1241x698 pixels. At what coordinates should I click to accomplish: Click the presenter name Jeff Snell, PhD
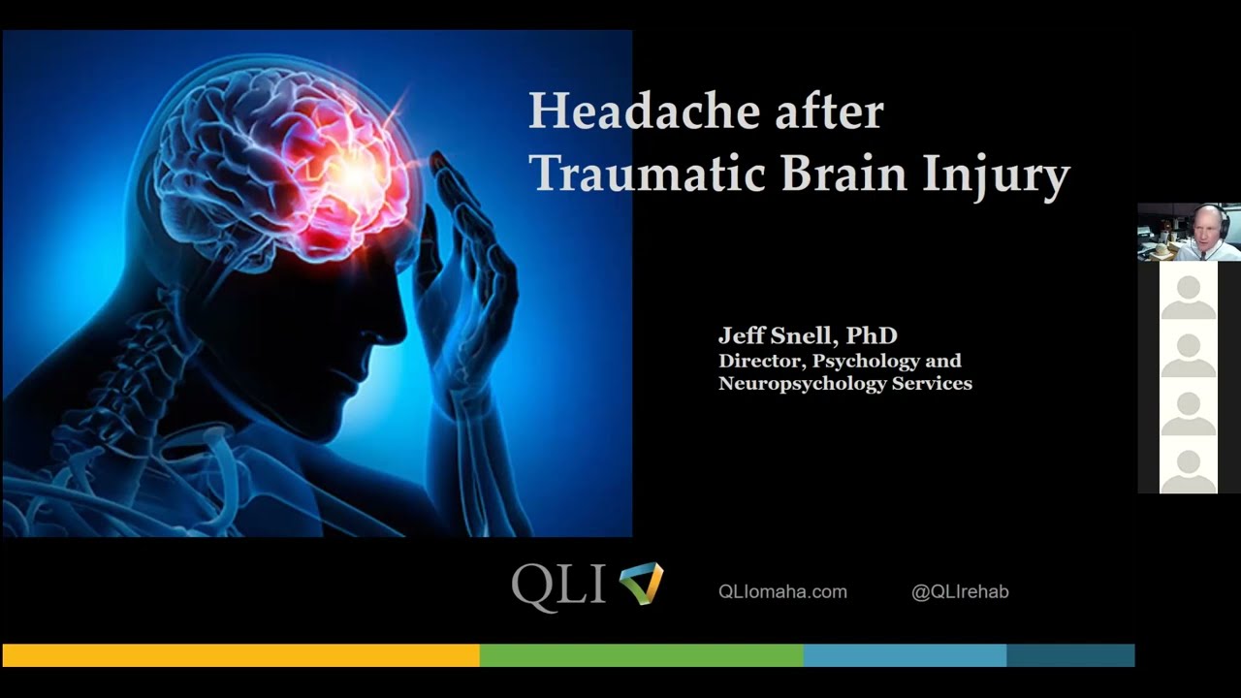click(808, 335)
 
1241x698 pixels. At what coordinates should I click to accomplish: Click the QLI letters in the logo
click(558, 587)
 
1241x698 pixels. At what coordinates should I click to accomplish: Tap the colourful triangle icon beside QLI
click(641, 584)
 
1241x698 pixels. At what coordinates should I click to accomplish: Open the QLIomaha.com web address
click(782, 591)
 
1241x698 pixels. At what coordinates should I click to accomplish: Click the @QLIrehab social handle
click(960, 591)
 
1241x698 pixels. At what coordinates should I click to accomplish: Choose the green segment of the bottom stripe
click(641, 655)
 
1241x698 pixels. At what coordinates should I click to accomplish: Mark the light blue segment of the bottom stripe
click(905, 655)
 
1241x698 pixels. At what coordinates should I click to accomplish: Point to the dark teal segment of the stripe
click(1070, 655)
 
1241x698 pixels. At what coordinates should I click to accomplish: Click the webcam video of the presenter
click(1189, 232)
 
